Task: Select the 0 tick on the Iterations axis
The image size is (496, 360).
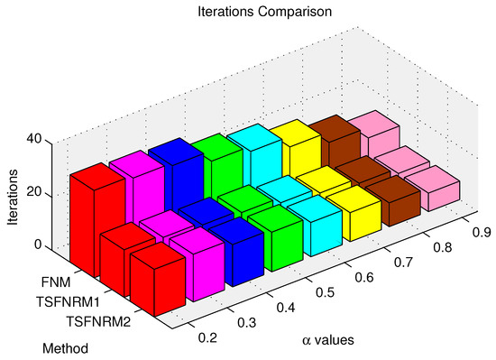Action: [38, 245]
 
